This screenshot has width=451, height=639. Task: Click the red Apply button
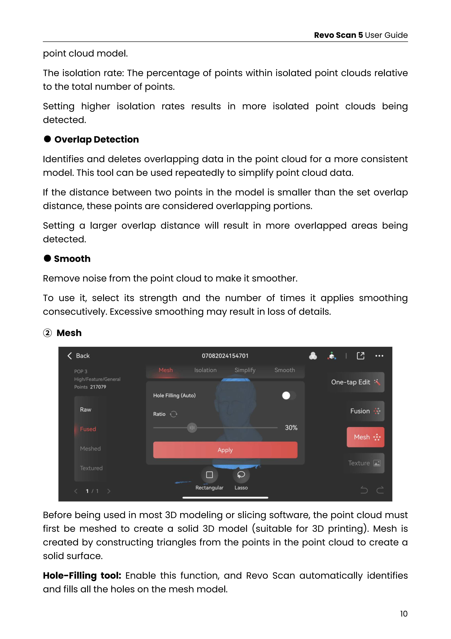tap(225, 450)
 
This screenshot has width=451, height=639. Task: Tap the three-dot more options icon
tap(379, 356)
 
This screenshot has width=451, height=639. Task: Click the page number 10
tap(403, 614)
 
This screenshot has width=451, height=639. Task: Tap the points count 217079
tap(98, 387)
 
